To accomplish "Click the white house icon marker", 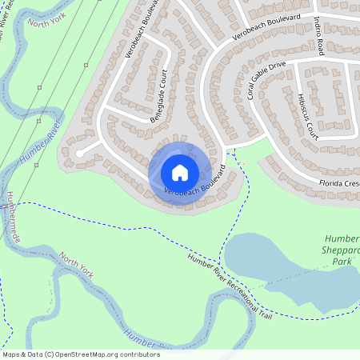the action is tap(180, 172).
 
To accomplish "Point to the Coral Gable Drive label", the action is tap(266, 81).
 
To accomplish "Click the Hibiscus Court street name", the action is tap(307, 118).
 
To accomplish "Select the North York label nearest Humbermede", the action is tap(76, 265).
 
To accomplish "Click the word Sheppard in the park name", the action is tap(342, 250).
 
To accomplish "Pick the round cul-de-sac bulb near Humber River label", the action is tap(79, 153).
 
